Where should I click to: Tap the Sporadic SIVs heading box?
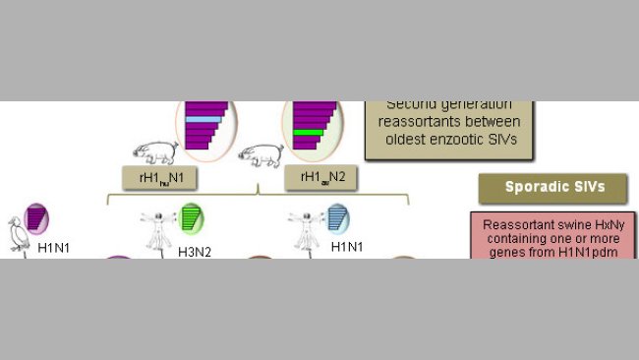tap(554, 187)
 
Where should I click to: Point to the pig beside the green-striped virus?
tap(262, 154)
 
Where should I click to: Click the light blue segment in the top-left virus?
tap(204, 119)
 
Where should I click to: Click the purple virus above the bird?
tap(36, 217)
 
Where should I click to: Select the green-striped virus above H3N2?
tap(191, 217)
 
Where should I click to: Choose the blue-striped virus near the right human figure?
tap(337, 217)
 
